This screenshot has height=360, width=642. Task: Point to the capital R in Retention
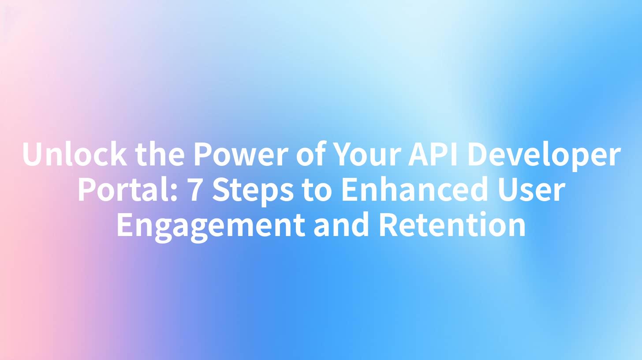pos(388,225)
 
